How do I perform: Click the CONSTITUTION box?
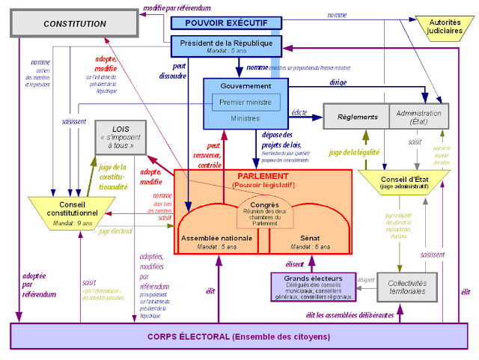click(x=74, y=23)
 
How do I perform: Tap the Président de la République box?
click(x=225, y=46)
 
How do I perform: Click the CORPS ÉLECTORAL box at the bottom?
click(x=239, y=336)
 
